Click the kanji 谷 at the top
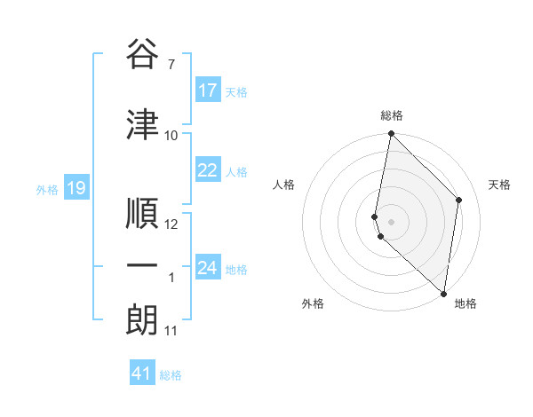pos(142,55)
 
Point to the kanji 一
pos(142,266)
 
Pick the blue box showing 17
pos(208,90)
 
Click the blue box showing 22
pos(208,171)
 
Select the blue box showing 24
pos(208,268)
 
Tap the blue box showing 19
pos(76,188)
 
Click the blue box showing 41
pos(142,374)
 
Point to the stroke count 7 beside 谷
pos(171,65)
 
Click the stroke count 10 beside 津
pos(171,136)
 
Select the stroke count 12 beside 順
pos(171,224)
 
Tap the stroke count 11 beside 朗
pos(171,331)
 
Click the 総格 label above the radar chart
pos(392,115)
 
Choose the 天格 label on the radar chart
pos(500,185)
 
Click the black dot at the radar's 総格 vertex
pos(391,134)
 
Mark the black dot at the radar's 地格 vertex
pos(443,294)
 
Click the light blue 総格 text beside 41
pos(171,375)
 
